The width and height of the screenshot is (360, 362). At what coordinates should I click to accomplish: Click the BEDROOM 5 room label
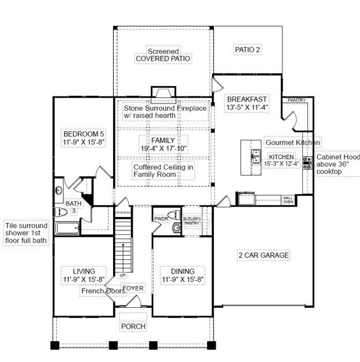84,132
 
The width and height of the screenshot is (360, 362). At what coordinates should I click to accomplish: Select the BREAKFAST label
246,99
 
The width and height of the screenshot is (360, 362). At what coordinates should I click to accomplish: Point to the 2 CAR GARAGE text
264,255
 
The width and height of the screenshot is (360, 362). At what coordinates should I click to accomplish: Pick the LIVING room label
84,271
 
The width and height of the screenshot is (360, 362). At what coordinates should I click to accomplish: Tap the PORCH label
133,326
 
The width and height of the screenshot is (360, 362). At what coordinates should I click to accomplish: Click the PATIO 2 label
247,50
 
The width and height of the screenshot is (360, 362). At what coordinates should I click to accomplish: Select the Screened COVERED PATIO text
163,55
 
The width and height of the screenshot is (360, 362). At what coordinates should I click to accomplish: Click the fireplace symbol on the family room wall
163,94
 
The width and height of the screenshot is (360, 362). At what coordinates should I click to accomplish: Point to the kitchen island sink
254,156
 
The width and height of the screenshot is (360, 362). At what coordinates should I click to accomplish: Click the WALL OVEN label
288,200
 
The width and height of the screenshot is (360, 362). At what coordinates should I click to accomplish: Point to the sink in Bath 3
58,190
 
